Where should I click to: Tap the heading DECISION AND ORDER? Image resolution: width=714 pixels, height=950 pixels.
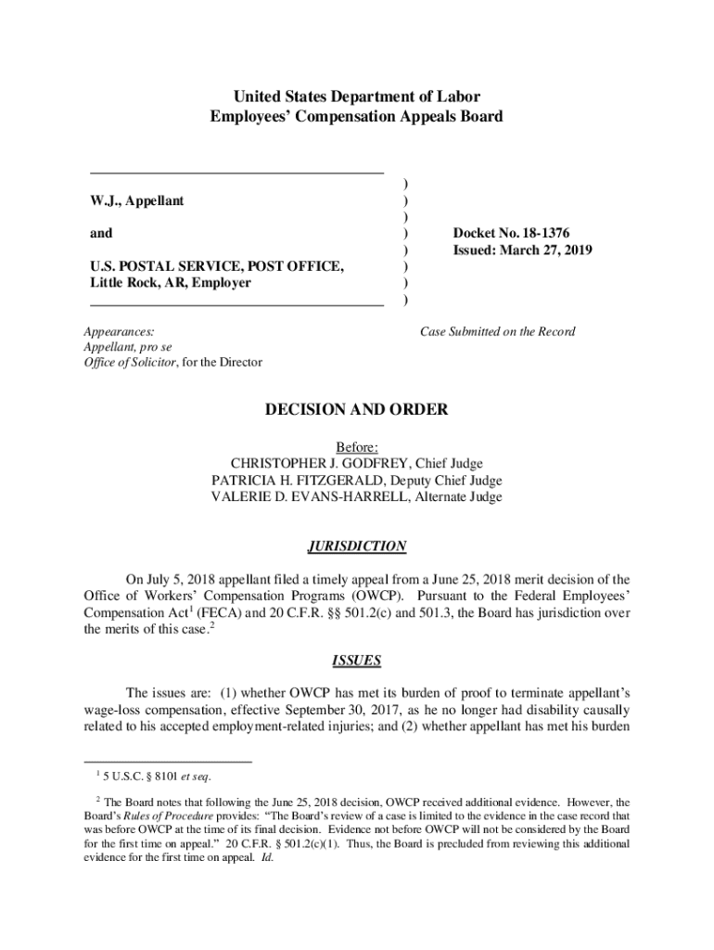[356, 409]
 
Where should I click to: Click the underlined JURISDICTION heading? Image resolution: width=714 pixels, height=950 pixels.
[356, 546]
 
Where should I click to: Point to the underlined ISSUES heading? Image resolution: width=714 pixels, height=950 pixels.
[356, 661]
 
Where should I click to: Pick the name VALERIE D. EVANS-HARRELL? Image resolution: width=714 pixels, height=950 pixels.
[306, 496]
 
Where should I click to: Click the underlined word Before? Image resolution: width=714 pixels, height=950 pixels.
[357, 446]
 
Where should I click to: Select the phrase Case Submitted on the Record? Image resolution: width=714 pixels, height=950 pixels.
[498, 331]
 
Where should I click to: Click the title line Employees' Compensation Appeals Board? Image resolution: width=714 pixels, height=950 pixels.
[357, 117]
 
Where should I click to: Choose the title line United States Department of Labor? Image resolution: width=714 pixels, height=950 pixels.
[357, 96]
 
